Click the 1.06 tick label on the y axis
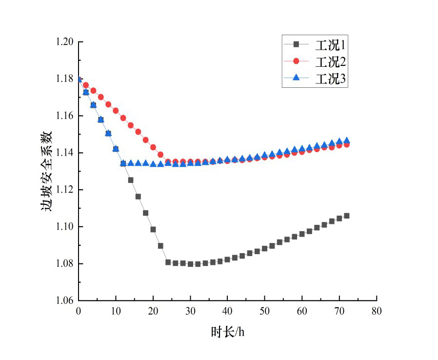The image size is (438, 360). [64, 300]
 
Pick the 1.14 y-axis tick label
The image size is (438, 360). [64, 153]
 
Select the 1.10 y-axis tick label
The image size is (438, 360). [64, 227]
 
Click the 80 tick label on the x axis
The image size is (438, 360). [376, 311]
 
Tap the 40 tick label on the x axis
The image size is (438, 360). [227, 311]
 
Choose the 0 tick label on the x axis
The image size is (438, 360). [79, 311]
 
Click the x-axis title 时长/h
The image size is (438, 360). [227, 332]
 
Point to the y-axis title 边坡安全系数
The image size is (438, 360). [46, 171]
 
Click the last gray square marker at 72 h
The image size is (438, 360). [347, 216]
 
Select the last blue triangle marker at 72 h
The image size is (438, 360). [347, 140]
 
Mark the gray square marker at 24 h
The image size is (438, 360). [168, 262]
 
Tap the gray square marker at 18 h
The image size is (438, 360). [146, 213]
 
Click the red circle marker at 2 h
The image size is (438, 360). [86, 85]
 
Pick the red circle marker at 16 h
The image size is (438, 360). [138, 132]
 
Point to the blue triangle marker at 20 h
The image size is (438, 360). [153, 164]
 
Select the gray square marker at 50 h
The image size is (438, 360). [265, 248]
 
